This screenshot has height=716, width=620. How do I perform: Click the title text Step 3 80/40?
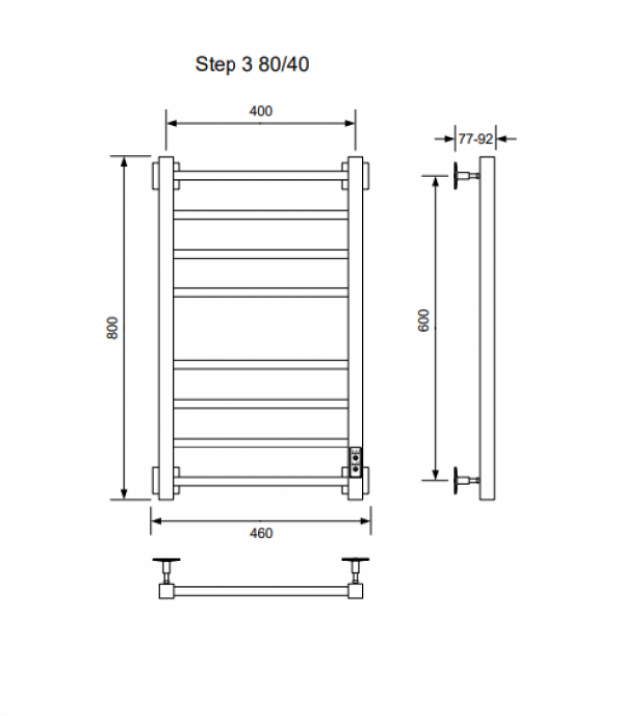pyautogui.click(x=251, y=64)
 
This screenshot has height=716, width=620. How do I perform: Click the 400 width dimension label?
pyautogui.click(x=261, y=111)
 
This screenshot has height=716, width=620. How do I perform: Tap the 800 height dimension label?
pyautogui.click(x=112, y=328)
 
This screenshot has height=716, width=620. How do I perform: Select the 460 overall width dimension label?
pyautogui.click(x=261, y=533)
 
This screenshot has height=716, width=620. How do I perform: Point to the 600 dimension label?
pyautogui.click(x=424, y=320)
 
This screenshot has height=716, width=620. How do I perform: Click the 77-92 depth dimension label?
pyautogui.click(x=475, y=139)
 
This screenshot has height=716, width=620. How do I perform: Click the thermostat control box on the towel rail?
pyautogui.click(x=355, y=462)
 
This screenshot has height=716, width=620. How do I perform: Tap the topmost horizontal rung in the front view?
pyautogui.click(x=260, y=175)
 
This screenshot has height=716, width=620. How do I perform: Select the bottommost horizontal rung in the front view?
pyautogui.click(x=260, y=481)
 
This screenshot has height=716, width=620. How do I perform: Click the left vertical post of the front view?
pyautogui.click(x=166, y=328)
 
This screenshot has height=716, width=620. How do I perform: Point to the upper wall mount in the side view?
pyautogui.click(x=466, y=175)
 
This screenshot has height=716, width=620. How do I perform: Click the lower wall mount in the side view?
pyautogui.click(x=466, y=480)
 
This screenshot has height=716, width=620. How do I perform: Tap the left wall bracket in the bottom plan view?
pyautogui.click(x=167, y=571)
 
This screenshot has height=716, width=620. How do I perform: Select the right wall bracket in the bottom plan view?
pyautogui.click(x=355, y=571)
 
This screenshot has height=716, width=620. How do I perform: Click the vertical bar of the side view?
pyautogui.click(x=487, y=328)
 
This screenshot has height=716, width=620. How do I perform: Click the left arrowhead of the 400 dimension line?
pyautogui.click(x=171, y=123)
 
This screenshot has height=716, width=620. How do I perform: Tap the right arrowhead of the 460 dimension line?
pyautogui.click(x=366, y=521)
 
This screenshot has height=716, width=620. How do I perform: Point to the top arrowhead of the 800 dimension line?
pyautogui.click(x=124, y=161)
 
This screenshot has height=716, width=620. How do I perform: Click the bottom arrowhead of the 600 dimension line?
pyautogui.click(x=436, y=475)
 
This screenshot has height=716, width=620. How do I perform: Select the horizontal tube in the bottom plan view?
pyautogui.click(x=260, y=591)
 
